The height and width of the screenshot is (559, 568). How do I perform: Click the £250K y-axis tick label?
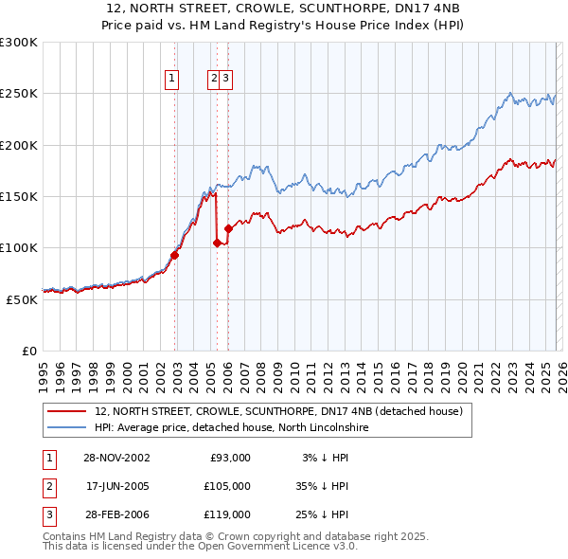pyautogui.click(x=19, y=94)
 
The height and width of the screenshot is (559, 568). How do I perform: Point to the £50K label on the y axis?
pyautogui.click(x=22, y=299)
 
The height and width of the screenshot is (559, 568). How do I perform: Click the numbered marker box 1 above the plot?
pyautogui.click(x=172, y=79)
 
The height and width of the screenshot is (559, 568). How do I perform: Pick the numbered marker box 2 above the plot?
pyautogui.click(x=214, y=79)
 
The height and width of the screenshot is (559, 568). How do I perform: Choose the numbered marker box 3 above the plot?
pyautogui.click(x=227, y=79)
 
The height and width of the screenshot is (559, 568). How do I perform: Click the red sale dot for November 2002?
pyautogui.click(x=175, y=255)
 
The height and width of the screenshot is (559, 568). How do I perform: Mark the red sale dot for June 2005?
pyautogui.click(x=218, y=243)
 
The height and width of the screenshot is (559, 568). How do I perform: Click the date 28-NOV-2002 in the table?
pyautogui.click(x=116, y=458)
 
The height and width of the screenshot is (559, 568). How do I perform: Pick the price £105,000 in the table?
pyautogui.click(x=228, y=486)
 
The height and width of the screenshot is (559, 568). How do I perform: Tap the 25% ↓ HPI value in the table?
pyautogui.click(x=321, y=514)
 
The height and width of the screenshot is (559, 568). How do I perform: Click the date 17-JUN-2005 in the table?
pyautogui.click(x=116, y=486)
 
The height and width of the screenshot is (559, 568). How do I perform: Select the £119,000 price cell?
pyautogui.click(x=228, y=514)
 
